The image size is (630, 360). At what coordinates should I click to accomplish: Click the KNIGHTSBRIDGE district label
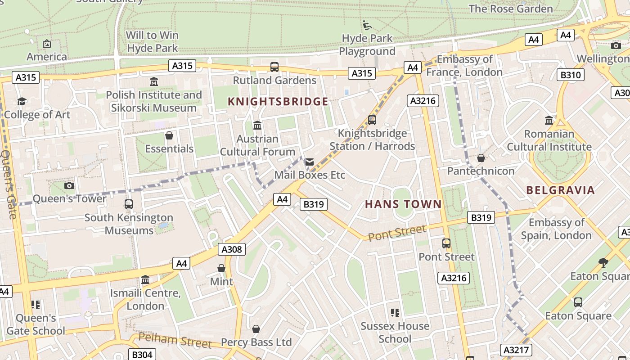pyautogui.click(x=278, y=102)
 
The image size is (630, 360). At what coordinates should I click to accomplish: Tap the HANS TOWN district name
pyautogui.click(x=403, y=204)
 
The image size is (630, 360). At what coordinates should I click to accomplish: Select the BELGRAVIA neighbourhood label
pyautogui.click(x=560, y=190)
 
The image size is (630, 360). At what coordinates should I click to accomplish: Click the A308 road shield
pyautogui.click(x=232, y=249)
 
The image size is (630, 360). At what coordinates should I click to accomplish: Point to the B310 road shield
pyautogui.click(x=570, y=75)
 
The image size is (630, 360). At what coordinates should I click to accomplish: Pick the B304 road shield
pyautogui.click(x=142, y=355)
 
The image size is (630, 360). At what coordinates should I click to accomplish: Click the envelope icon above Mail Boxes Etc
pyautogui.click(x=310, y=162)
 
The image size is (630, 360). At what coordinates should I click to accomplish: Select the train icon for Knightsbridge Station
pyautogui.click(x=372, y=120)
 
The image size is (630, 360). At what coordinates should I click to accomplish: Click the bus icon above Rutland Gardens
pyautogui.click(x=274, y=67)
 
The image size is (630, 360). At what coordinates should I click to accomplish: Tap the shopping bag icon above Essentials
pyautogui.click(x=169, y=135)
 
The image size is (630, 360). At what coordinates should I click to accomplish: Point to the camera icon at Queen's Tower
pyautogui.click(x=69, y=185)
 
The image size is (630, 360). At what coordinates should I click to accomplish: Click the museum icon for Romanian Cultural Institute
pyautogui.click(x=549, y=121)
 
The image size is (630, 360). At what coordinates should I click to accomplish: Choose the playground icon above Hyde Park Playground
pyautogui.click(x=367, y=25)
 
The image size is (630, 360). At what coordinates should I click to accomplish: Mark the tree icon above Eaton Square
pyautogui.click(x=603, y=262)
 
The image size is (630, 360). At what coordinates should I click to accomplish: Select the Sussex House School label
pyautogui.click(x=395, y=332)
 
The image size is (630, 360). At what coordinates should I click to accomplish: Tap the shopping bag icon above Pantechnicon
pyautogui.click(x=481, y=158)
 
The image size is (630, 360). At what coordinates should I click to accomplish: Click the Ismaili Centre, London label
pyautogui.click(x=145, y=300)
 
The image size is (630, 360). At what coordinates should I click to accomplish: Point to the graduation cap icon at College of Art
pyautogui.click(x=22, y=102)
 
